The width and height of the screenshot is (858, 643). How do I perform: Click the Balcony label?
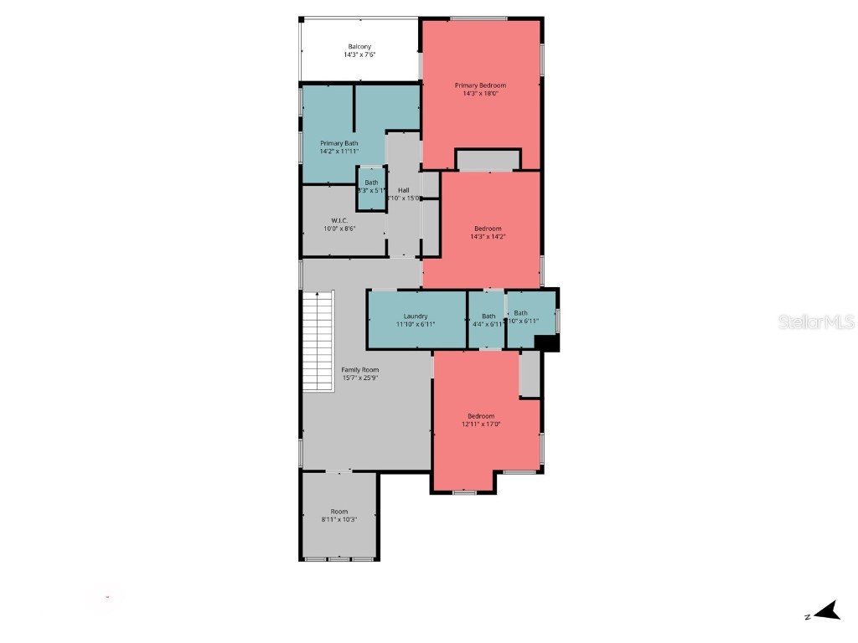click(359, 47)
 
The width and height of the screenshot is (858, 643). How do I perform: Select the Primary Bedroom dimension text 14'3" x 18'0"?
click(480, 94)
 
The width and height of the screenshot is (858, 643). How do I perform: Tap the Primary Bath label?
click(339, 143)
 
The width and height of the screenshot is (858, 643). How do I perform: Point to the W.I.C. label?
click(339, 220)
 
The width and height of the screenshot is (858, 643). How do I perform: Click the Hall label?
click(403, 190)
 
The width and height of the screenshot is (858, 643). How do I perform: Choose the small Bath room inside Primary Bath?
click(371, 187)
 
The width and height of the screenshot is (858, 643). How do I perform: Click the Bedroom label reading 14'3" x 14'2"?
click(488, 229)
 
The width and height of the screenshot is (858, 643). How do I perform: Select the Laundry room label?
click(416, 316)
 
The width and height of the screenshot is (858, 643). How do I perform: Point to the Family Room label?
click(359, 369)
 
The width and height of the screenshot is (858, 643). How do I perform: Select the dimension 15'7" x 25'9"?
click(359, 378)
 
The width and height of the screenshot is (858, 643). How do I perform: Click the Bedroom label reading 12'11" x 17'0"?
click(480, 416)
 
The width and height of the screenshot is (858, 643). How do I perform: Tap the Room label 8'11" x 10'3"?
click(339, 512)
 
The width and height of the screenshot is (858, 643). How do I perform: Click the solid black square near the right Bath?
click(546, 343)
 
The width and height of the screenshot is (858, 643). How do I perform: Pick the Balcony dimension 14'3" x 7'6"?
click(359, 55)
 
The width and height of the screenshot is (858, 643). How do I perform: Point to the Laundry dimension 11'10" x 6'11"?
click(416, 324)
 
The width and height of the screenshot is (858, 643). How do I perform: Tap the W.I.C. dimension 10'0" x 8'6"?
click(339, 229)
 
